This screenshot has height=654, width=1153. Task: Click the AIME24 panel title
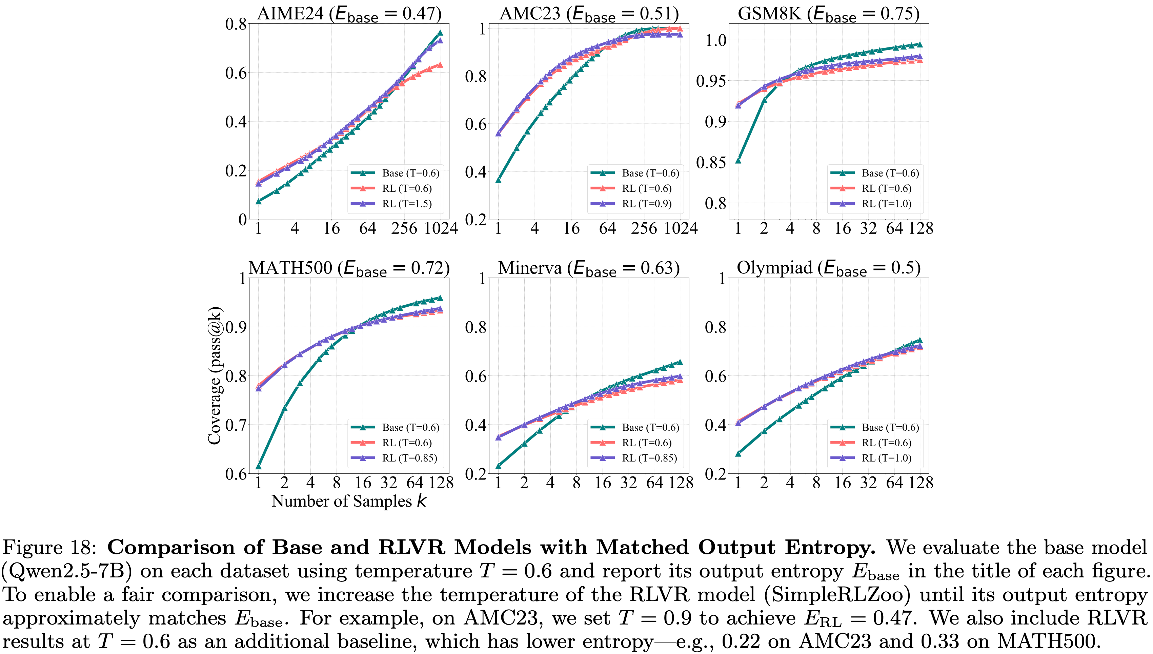[x=349, y=14]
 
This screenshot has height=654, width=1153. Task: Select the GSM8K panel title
[x=828, y=14]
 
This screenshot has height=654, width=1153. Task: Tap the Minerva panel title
[x=588, y=268]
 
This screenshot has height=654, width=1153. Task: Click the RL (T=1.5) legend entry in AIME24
[x=406, y=203]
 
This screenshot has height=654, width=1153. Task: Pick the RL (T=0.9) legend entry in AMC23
[x=646, y=203]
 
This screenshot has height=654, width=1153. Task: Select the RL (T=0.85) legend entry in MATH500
[x=409, y=458]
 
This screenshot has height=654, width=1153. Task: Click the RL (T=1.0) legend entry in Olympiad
[x=886, y=458]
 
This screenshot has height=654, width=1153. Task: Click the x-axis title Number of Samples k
[x=349, y=501]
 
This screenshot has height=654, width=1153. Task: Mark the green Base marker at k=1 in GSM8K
[x=738, y=160]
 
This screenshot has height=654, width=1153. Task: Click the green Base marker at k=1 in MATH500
[x=258, y=466]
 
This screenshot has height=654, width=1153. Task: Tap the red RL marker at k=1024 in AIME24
[x=440, y=65]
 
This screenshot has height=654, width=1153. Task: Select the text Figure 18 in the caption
[x=49, y=548]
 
